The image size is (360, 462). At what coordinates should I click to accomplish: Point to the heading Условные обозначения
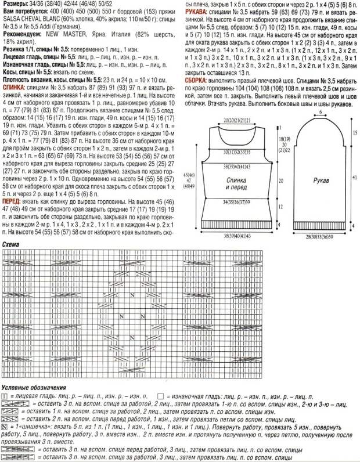(33, 388)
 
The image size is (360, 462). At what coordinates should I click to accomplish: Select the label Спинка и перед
(237, 183)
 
